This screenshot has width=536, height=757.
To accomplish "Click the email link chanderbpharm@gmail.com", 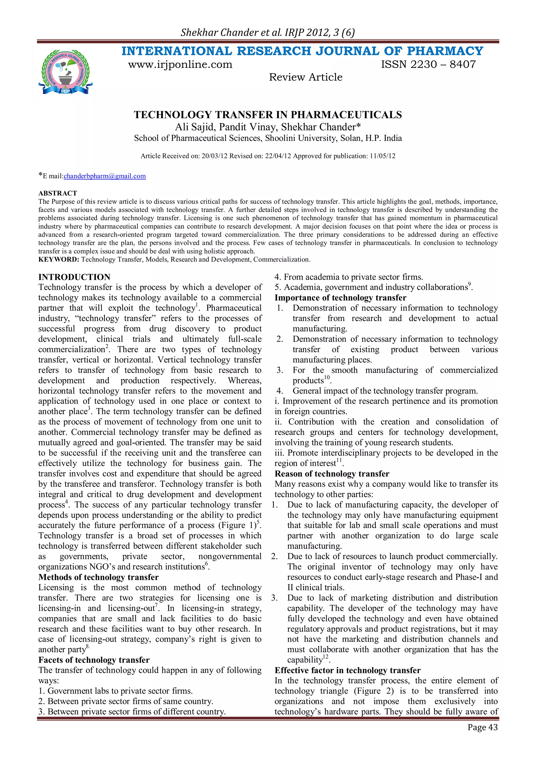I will (105, 176).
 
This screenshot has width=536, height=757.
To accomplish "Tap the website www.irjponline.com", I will (180, 64).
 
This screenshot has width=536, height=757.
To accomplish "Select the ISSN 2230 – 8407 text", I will (428, 64).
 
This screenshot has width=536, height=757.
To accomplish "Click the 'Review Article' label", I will (306, 77).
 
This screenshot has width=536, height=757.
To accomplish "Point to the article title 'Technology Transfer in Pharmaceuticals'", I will (268, 115).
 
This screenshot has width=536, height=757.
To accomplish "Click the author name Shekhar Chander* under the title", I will (321, 127).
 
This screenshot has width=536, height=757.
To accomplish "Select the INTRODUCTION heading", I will (74, 277).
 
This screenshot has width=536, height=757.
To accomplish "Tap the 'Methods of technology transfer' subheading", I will (98, 577).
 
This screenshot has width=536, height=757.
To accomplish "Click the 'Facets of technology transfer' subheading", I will (94, 660).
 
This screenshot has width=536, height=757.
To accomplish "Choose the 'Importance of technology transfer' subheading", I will (340, 298).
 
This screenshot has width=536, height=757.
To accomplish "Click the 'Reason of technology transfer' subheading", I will (332, 474).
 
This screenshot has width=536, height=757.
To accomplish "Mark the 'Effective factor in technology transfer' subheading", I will (348, 670).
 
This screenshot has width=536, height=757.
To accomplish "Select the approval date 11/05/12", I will (382, 156).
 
